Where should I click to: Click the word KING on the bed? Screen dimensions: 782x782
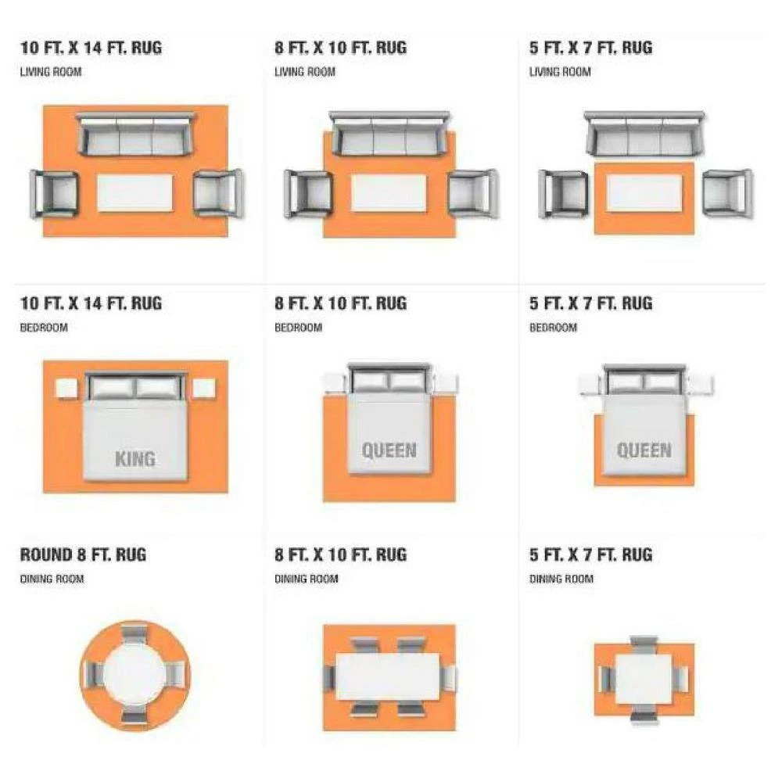click(x=135, y=459)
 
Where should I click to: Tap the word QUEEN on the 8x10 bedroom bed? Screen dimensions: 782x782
click(x=389, y=450)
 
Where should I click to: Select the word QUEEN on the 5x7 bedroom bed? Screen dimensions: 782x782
click(x=644, y=450)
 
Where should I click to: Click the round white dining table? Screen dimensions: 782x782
click(x=135, y=676)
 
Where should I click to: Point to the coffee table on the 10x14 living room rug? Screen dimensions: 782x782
click(x=135, y=193)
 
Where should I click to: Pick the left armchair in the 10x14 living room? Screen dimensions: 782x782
click(x=55, y=194)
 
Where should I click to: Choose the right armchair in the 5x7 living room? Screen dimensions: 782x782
click(x=727, y=194)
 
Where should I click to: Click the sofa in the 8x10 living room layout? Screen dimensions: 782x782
click(x=389, y=134)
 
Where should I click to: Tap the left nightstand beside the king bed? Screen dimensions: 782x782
click(x=66, y=389)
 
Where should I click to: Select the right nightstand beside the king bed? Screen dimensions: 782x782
click(x=204, y=389)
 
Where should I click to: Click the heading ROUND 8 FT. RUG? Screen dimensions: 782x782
click(x=84, y=554)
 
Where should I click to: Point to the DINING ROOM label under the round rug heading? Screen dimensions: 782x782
click(x=52, y=579)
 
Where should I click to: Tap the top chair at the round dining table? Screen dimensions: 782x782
click(x=135, y=633)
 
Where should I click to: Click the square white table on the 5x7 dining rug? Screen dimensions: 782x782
click(x=644, y=679)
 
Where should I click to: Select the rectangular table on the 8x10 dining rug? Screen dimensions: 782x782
click(x=388, y=676)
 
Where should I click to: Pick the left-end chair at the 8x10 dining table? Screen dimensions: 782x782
click(x=329, y=678)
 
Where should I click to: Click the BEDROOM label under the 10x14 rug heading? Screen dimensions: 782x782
click(x=44, y=328)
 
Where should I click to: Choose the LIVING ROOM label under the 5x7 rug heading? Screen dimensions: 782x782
click(x=560, y=72)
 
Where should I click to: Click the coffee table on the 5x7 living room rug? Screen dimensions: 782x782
click(x=644, y=193)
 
